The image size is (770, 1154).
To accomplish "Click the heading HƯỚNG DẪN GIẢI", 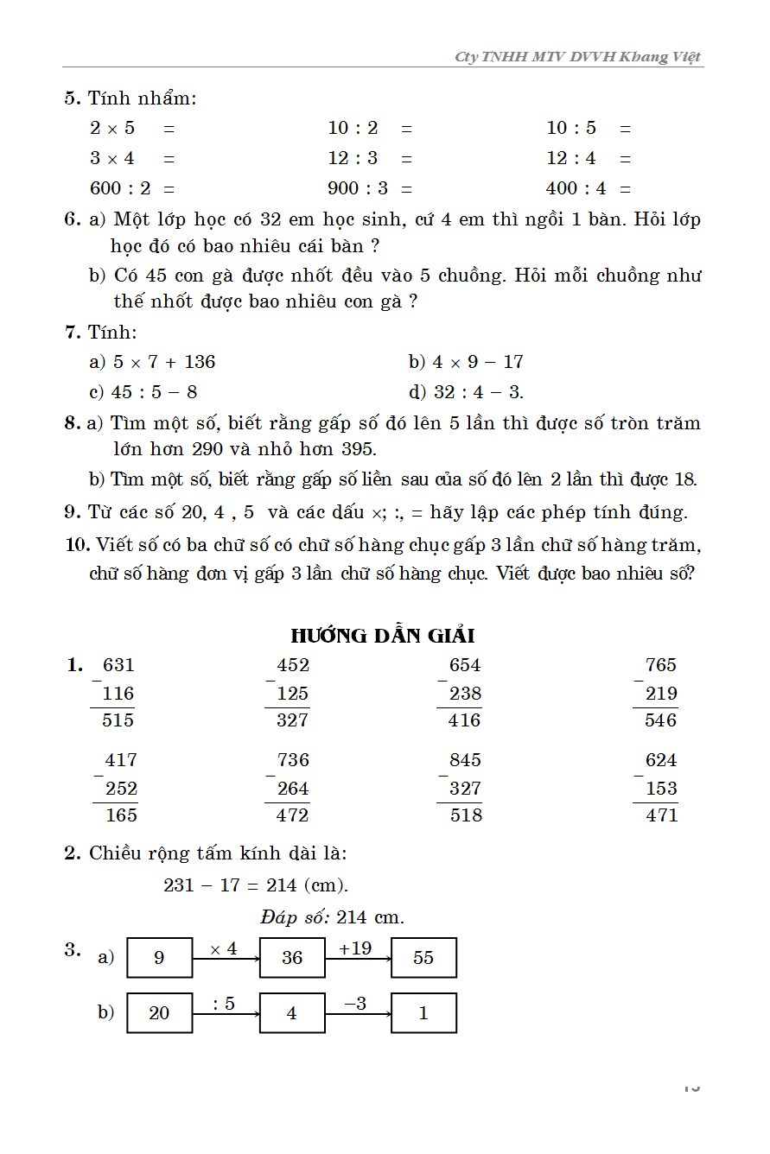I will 383,636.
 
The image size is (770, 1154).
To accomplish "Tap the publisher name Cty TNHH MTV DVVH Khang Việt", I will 578,57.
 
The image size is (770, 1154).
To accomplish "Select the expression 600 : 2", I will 120,188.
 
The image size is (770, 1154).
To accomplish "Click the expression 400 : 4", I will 576,188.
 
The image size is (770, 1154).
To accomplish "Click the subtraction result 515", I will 118,720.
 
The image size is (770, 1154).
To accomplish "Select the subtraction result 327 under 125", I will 292,720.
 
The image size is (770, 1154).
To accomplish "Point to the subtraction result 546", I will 660,720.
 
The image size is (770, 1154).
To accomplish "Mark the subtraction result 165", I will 121,815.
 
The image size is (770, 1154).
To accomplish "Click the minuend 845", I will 466,761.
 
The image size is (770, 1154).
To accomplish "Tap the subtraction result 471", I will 661,815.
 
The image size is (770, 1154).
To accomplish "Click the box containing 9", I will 159,958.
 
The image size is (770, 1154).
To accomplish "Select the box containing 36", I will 292,958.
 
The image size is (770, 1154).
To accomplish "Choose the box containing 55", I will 423,958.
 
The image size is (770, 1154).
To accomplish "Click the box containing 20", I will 159,1013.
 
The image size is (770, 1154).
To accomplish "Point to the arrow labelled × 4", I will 226,957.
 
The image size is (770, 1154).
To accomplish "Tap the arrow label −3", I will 355,1004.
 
